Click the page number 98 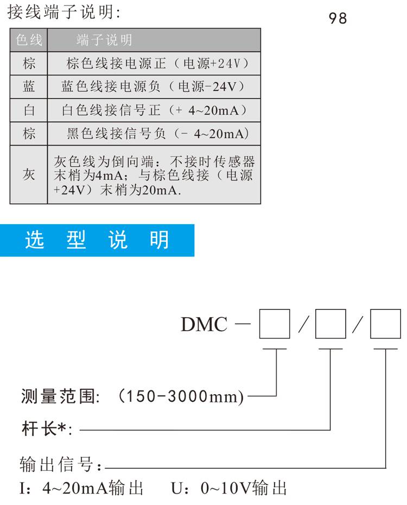338,18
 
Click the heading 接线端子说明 63,12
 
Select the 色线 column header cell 29,40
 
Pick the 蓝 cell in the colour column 29,87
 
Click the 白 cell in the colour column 29,110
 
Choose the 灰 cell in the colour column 29,174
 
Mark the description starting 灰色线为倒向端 154,175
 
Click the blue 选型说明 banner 97,240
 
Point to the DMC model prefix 204,324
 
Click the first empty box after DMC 275,324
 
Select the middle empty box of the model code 330,324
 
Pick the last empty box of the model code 385,324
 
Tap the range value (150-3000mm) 181,396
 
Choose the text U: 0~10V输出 228,488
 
